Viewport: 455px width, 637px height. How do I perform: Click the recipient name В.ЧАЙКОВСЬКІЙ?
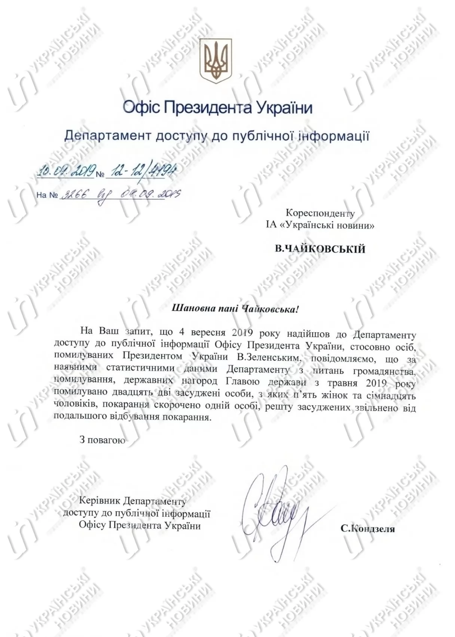tap(320, 249)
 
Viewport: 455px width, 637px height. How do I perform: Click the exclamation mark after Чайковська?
tap(297, 308)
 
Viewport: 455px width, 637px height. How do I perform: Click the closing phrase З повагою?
tap(102, 440)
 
